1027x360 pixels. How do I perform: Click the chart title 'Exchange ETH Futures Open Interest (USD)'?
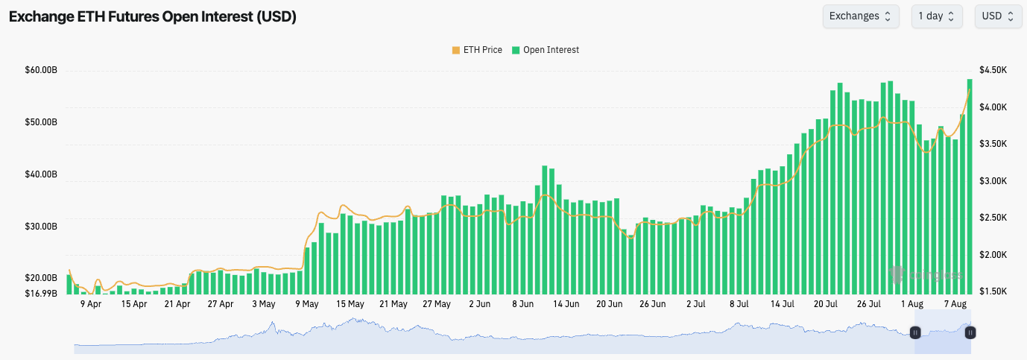pos(153,16)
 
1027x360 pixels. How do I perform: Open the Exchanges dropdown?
pos(860,16)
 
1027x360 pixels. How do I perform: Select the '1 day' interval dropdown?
pos(936,16)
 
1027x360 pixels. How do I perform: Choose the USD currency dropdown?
pos(998,16)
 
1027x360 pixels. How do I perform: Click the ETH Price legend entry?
pos(477,50)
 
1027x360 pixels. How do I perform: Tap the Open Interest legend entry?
pos(546,50)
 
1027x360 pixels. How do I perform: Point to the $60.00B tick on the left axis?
pos(41,70)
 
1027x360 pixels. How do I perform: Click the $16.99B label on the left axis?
pos(41,293)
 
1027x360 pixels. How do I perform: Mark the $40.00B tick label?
pos(41,174)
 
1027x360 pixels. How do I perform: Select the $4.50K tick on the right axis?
pos(994,70)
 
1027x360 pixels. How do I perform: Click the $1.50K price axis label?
pos(994,291)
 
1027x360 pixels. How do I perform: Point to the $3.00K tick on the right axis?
pos(994,180)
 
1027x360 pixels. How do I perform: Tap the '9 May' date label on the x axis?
pos(306,304)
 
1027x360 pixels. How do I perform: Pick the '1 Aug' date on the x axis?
pos(911,304)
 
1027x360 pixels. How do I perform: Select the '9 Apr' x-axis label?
pos(90,304)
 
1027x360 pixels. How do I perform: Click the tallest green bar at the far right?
pos(970,186)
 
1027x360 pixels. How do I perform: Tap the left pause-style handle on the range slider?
pos(915,332)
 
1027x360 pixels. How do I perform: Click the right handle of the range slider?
pos(970,332)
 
